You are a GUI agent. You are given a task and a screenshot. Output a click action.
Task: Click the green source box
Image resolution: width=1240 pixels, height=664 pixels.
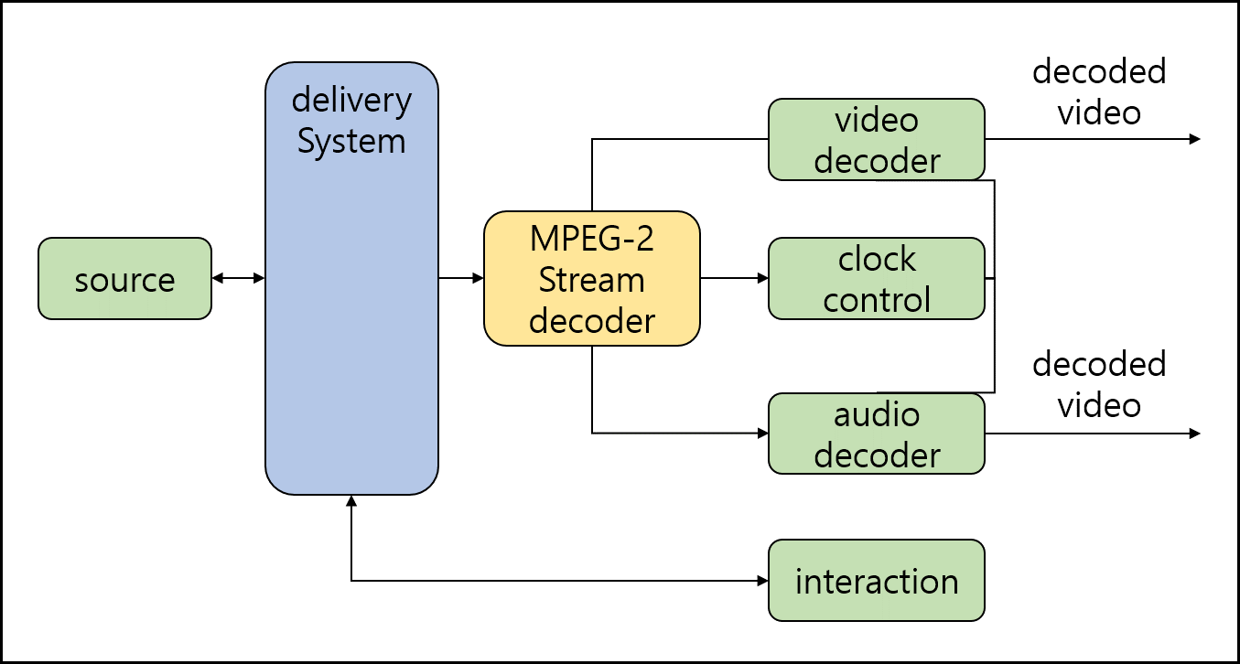tap(124, 279)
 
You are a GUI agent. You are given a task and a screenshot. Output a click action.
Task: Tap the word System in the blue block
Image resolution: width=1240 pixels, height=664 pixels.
tap(351, 142)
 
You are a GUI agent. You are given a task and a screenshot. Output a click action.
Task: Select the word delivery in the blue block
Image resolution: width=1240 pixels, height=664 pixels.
tap(351, 101)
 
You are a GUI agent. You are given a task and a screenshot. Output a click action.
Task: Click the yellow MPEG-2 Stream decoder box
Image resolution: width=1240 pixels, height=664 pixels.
tap(591, 279)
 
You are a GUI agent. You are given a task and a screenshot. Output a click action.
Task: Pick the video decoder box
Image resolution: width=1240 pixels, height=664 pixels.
tap(876, 140)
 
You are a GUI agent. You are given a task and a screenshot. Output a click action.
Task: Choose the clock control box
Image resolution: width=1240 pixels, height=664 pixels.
tap(876, 279)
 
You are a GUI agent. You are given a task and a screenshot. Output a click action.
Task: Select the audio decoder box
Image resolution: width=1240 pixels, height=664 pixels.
tap(876, 434)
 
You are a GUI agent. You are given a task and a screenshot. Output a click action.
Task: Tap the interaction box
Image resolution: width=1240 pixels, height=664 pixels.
tap(876, 581)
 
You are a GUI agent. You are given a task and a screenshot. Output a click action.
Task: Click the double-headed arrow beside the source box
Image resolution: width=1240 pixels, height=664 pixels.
tap(238, 278)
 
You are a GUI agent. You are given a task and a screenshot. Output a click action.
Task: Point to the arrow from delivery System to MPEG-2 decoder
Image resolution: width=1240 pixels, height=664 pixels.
tap(461, 278)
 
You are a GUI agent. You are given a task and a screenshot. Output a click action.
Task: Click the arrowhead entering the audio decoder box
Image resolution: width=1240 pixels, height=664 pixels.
tap(761, 433)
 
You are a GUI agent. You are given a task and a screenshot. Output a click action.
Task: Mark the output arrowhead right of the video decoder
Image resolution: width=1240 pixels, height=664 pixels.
tap(1193, 139)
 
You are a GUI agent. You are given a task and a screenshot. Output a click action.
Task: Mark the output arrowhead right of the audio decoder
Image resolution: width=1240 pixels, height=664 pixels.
tap(1193, 434)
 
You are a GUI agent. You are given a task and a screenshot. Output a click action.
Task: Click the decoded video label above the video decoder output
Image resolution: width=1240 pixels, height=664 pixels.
tap(1099, 91)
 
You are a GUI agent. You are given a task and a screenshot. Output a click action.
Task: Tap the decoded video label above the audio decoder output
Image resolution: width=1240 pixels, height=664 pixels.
tap(1099, 384)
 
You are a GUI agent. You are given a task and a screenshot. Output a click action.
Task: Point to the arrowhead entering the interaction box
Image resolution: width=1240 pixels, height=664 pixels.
tap(761, 581)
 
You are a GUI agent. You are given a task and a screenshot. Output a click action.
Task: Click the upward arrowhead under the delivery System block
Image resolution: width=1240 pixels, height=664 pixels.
tap(351, 500)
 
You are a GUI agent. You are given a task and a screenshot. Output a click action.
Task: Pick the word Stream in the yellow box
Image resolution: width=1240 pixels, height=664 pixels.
tap(591, 280)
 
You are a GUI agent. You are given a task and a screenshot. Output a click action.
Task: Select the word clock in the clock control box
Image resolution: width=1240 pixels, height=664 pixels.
tap(876, 259)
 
